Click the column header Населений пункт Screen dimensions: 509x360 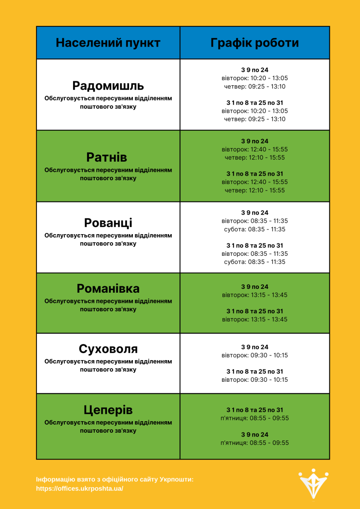(x=108, y=43)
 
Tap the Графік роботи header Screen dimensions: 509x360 (x=255, y=43)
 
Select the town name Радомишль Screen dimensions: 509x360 (x=108, y=86)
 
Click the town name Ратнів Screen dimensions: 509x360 (x=107, y=157)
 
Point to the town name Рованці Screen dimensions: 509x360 (x=108, y=223)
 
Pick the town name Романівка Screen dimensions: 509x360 (x=108, y=289)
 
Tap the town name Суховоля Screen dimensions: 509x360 (x=108, y=349)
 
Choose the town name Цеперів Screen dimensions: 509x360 (x=108, y=410)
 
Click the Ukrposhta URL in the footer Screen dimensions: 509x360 (x=80, y=489)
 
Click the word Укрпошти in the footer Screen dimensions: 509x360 (x=177, y=479)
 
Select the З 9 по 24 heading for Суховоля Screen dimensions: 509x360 (x=255, y=347)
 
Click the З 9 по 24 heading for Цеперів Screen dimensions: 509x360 (x=255, y=435)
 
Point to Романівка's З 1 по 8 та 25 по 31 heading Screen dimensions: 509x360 (x=255, y=311)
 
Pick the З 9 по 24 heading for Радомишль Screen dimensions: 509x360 (x=255, y=70)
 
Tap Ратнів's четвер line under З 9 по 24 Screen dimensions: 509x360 (x=255, y=157)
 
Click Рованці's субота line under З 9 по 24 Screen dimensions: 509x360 (x=255, y=229)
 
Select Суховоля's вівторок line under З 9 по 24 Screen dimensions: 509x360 (x=255, y=355)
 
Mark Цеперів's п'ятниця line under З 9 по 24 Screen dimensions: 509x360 (x=255, y=443)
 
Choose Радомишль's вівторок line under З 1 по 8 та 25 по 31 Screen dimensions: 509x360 (x=255, y=111)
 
